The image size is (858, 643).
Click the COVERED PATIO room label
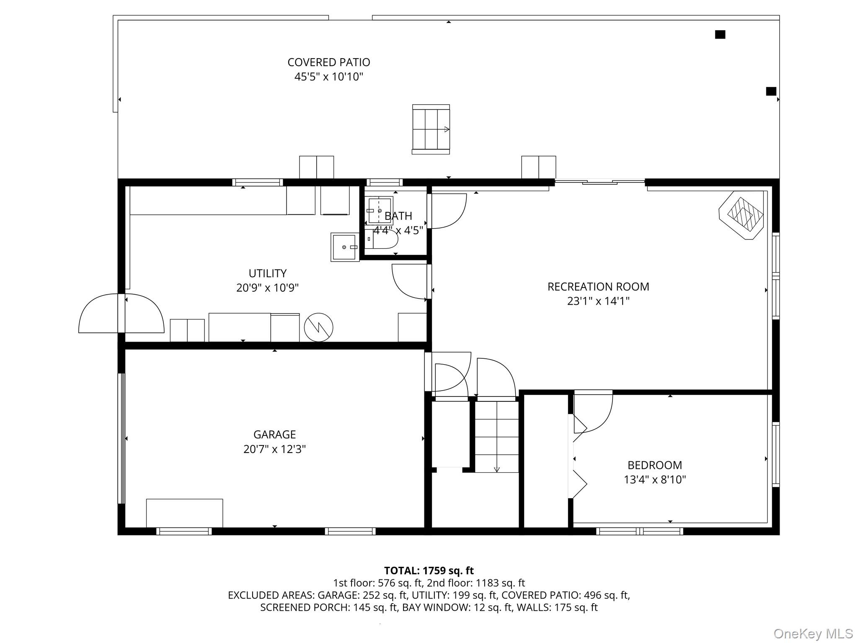coord(329,62)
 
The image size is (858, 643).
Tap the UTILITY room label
coord(268,273)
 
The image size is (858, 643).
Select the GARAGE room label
coord(275,435)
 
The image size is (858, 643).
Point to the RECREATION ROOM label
coord(598,287)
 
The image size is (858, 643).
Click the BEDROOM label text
coord(655,465)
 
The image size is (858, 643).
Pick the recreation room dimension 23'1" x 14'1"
coord(598,301)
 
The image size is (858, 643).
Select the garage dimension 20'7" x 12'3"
coord(275,449)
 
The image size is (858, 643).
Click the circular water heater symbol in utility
coord(318,327)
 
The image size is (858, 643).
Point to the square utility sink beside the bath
coord(345,247)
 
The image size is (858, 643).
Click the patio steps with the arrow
coord(431,129)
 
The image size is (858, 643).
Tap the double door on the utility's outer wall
coord(121,313)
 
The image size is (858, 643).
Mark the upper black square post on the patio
coord(720,35)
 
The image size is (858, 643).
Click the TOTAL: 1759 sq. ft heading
coord(429,571)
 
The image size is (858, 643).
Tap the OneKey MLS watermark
coord(813,633)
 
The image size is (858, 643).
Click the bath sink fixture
coord(380,211)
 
